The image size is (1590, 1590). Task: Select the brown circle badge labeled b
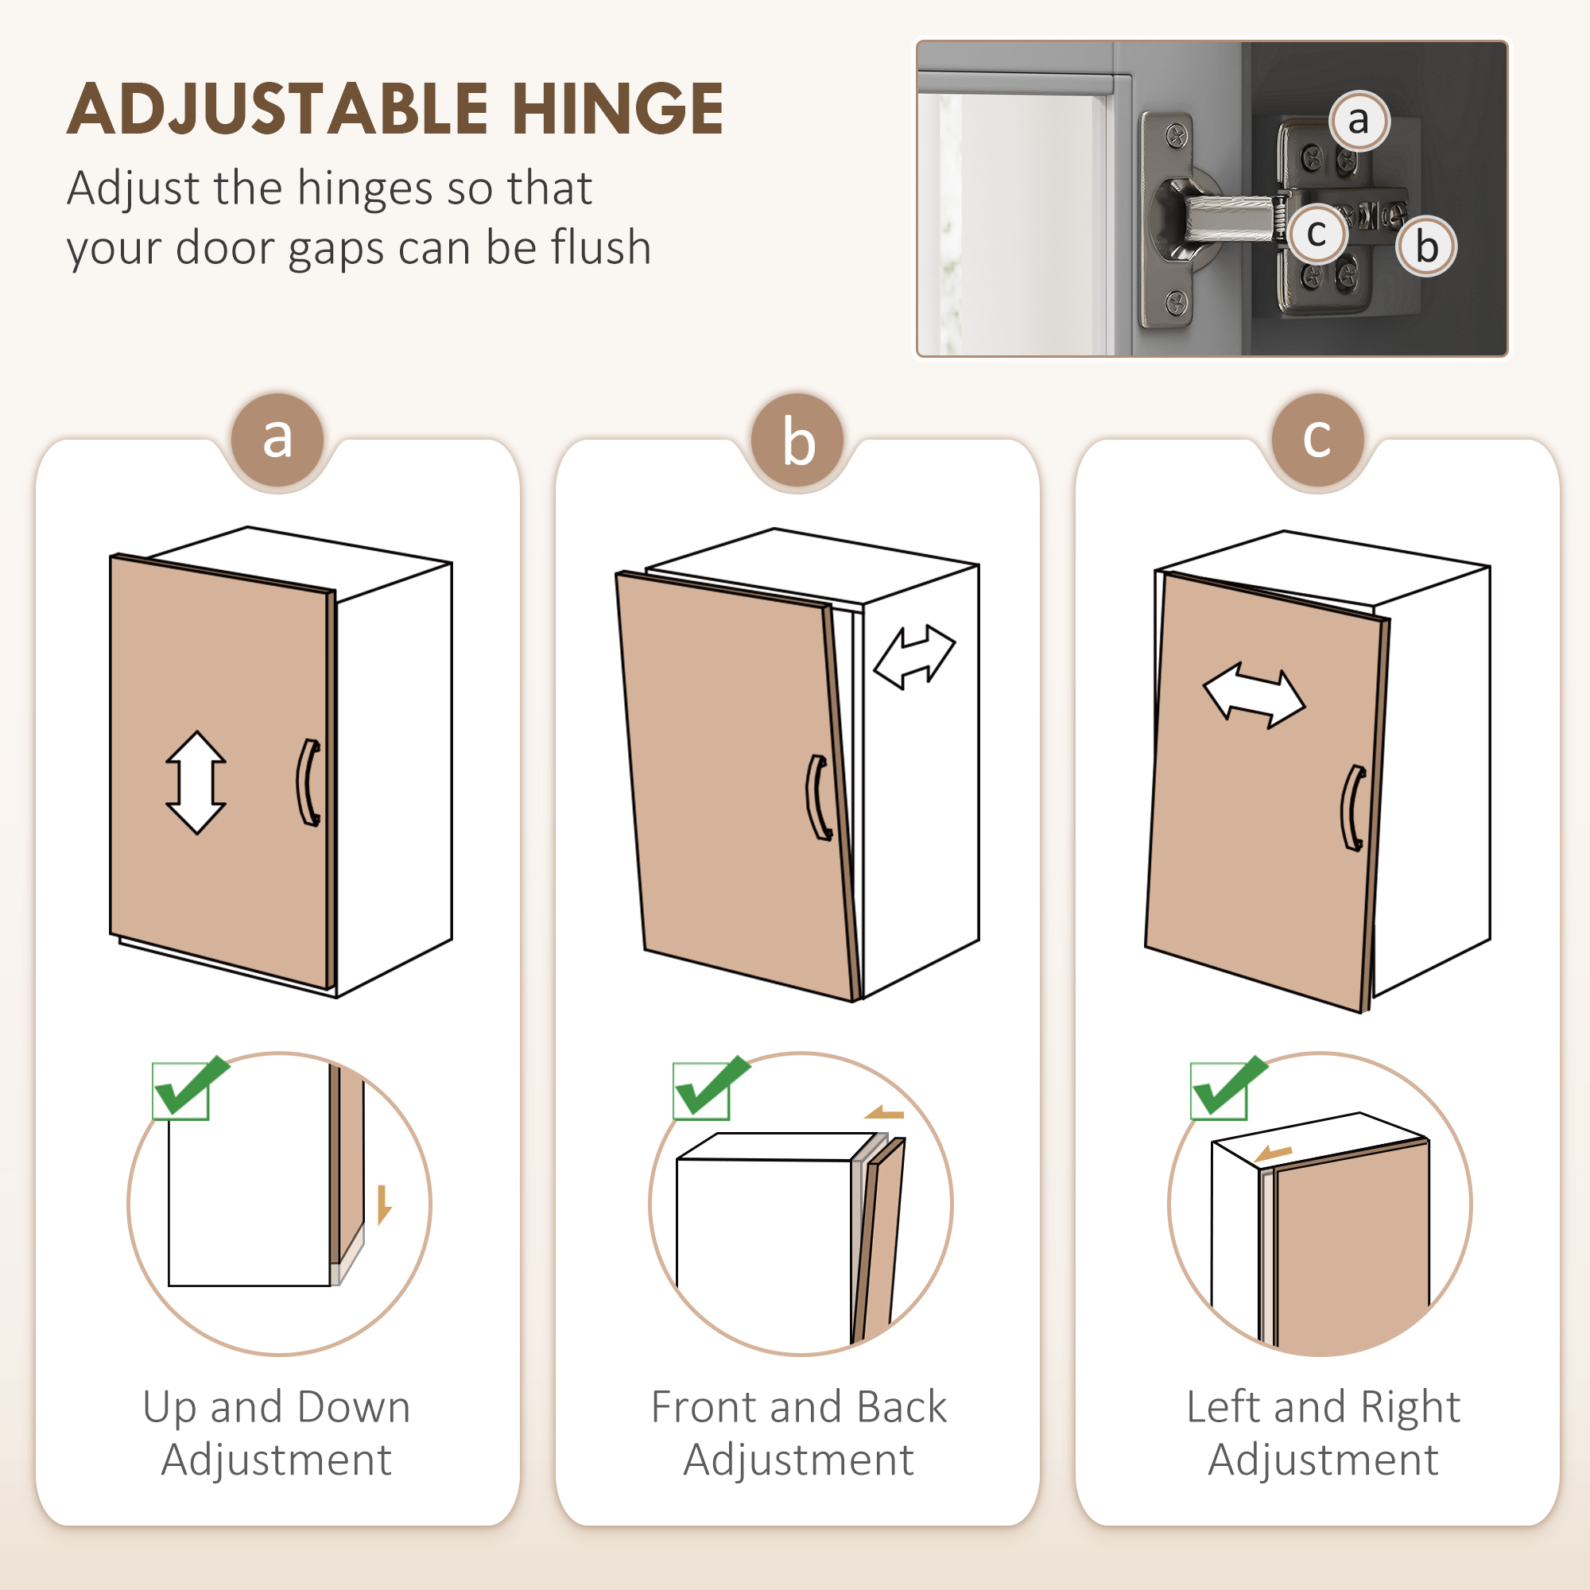[797, 441]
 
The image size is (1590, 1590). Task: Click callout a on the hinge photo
[1359, 120]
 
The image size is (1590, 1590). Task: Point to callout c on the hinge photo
[1316, 234]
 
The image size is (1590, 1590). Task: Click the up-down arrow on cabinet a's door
[196, 782]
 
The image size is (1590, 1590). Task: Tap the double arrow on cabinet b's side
[914, 656]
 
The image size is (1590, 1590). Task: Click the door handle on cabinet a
[308, 782]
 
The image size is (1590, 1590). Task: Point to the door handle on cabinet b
[818, 797]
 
